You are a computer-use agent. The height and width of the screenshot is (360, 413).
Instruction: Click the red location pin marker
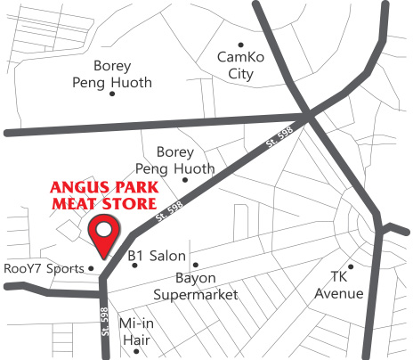(x=106, y=236)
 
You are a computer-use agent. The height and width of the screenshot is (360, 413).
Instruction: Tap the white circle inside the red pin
(x=106, y=230)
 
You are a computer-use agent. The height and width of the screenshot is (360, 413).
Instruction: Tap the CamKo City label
(x=241, y=64)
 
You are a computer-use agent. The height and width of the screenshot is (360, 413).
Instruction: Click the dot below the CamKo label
(x=239, y=44)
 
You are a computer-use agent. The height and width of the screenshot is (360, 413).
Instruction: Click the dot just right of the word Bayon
(x=196, y=266)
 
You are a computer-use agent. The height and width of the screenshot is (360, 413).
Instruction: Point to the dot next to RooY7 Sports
(x=90, y=267)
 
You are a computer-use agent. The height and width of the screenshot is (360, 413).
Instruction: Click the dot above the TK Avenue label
(x=352, y=266)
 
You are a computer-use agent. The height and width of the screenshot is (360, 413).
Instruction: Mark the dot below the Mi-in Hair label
(x=136, y=350)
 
